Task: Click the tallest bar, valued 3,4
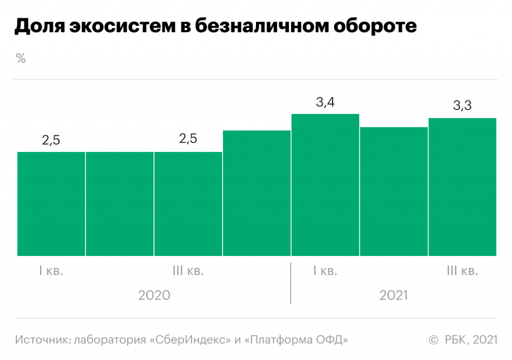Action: pyautogui.click(x=325, y=185)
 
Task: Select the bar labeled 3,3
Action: pyautogui.click(x=462, y=187)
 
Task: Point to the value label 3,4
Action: pyautogui.click(x=325, y=103)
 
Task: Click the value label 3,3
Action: pyautogui.click(x=462, y=106)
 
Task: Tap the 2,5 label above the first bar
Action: pyautogui.click(x=51, y=140)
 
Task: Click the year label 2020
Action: pyautogui.click(x=154, y=295)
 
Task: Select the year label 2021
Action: pyautogui.click(x=393, y=295)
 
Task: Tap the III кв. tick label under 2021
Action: pyautogui.click(x=462, y=271)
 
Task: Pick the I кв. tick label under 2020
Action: pyautogui.click(x=51, y=271)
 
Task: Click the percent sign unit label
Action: pyautogui.click(x=20, y=58)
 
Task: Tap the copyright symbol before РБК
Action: pyautogui.click(x=433, y=340)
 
